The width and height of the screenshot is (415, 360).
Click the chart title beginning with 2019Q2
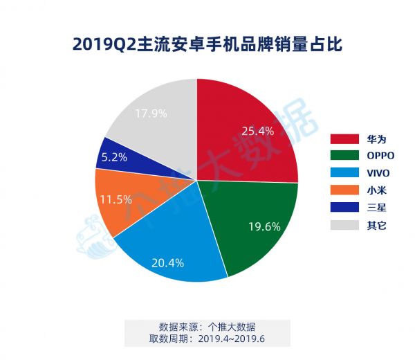(207, 45)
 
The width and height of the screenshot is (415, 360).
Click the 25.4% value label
(258, 129)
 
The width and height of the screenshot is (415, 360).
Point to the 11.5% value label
(114, 199)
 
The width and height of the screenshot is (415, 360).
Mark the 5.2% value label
(113, 157)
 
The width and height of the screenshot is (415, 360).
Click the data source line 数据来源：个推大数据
(207, 326)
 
